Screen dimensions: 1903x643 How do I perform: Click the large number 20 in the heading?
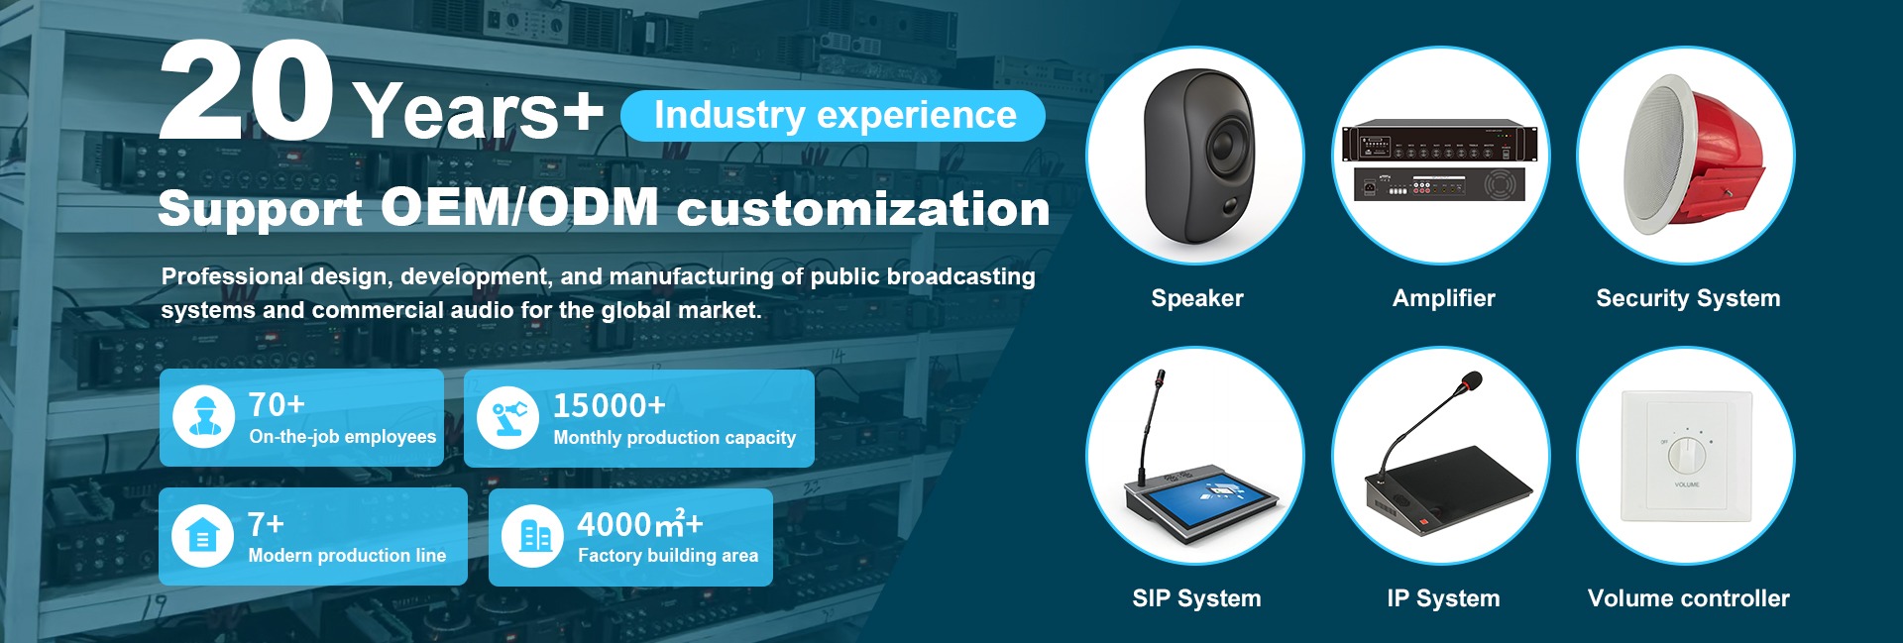click(x=246, y=91)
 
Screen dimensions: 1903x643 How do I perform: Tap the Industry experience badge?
click(x=833, y=116)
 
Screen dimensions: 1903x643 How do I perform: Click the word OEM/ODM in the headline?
click(x=519, y=207)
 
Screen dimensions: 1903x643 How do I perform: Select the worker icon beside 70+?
click(x=204, y=417)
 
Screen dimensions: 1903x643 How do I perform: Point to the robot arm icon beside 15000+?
click(x=507, y=417)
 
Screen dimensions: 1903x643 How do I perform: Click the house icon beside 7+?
click(x=202, y=536)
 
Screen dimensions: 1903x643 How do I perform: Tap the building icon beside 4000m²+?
click(x=533, y=536)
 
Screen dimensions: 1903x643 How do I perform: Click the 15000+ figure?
click(x=610, y=405)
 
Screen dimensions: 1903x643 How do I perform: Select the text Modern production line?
click(x=347, y=556)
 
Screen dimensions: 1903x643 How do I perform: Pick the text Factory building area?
click(x=668, y=556)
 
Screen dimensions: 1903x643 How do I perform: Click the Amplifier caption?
click(x=1443, y=298)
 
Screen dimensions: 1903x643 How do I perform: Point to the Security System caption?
click(x=1688, y=298)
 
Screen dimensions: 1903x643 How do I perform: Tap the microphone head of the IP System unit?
click(x=1472, y=380)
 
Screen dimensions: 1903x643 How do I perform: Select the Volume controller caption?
click(x=1688, y=598)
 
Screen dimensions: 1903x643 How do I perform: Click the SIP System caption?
click(x=1196, y=598)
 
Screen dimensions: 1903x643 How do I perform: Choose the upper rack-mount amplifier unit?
click(x=1440, y=142)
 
